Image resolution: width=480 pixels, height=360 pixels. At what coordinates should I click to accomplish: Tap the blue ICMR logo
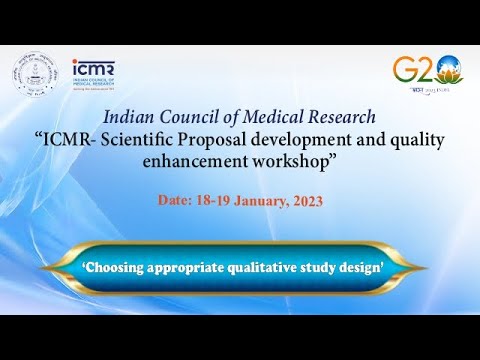click(x=95, y=73)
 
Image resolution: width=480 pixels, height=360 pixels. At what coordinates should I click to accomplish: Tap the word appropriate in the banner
click(x=192, y=268)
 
